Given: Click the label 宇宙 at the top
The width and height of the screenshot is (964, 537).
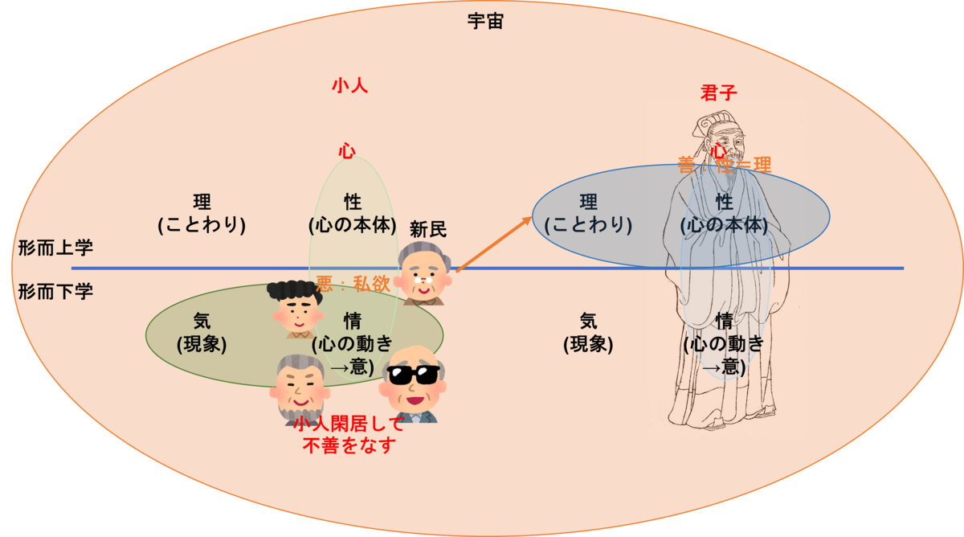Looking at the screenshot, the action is click(485, 22).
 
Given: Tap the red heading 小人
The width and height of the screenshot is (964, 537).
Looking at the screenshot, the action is click(350, 85).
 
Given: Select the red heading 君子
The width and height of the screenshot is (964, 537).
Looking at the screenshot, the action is click(719, 92).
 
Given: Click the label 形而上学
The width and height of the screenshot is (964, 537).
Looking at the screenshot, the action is click(56, 248).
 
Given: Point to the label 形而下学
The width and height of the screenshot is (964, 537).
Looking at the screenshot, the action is click(56, 291).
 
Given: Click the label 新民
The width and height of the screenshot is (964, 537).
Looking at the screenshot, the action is click(427, 229).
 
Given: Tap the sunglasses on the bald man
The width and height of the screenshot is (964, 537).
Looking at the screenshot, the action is click(413, 374).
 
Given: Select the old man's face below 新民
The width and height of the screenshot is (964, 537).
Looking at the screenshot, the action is click(423, 278).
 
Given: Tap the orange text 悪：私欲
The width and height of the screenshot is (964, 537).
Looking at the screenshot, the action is click(353, 284).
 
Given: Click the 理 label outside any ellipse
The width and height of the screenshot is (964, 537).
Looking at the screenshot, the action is click(202, 203).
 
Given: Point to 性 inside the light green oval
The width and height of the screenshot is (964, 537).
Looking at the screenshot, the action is click(353, 203).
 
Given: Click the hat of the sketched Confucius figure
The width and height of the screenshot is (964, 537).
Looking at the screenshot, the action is click(712, 122).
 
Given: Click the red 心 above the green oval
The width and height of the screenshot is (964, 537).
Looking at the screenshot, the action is click(347, 150).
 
